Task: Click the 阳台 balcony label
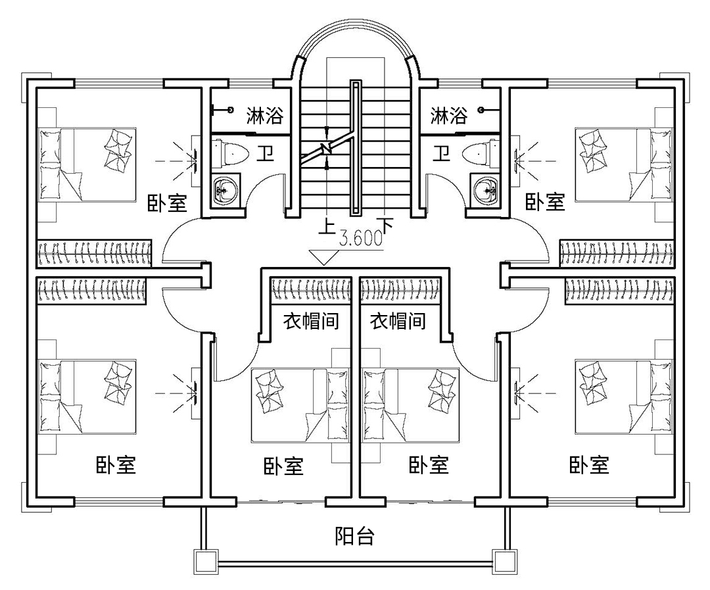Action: [x=354, y=536]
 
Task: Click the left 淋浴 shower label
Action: [x=264, y=116]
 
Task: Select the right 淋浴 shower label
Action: [x=448, y=116]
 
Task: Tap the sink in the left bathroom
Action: [x=225, y=191]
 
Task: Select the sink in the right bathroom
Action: [x=485, y=191]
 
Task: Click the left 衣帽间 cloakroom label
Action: [x=310, y=322]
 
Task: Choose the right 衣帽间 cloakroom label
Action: [x=398, y=322]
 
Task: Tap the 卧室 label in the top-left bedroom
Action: [x=168, y=201]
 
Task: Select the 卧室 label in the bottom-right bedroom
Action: [x=589, y=465]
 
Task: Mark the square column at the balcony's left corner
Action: [x=204, y=561]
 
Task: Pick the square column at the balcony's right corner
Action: [x=505, y=561]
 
